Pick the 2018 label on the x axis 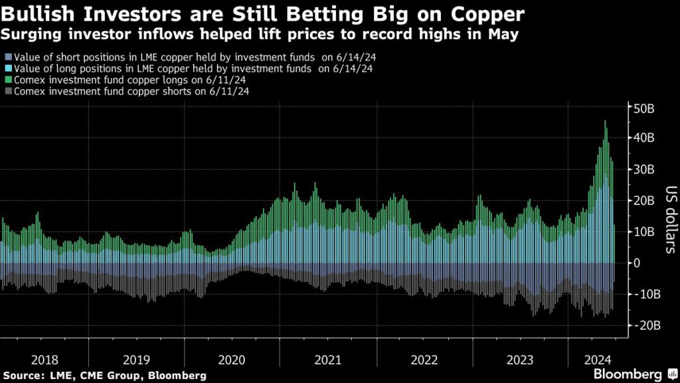pos(44,360)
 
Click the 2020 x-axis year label pos(232,360)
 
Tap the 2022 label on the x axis pos(424,360)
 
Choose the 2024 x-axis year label pos(598,360)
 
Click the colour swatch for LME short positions pos(7,58)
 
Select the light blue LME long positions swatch pos(7,68)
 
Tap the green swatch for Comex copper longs pos(7,80)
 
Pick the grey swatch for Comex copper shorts pos(7,90)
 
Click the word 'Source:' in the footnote pos(23,374)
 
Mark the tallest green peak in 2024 pos(604,122)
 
